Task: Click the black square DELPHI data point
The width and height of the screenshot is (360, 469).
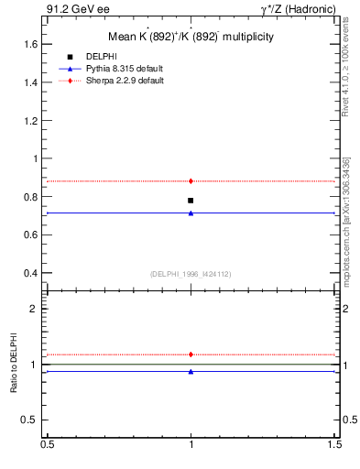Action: [x=191, y=200]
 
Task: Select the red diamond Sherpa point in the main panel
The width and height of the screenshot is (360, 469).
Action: [x=191, y=181]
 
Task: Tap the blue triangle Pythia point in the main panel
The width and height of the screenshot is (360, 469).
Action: [x=191, y=213]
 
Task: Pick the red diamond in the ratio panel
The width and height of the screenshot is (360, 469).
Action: [x=191, y=354]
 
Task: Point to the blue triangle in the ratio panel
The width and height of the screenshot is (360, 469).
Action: [x=191, y=371]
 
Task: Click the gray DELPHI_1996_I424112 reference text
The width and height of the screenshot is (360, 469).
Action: [x=191, y=273]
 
